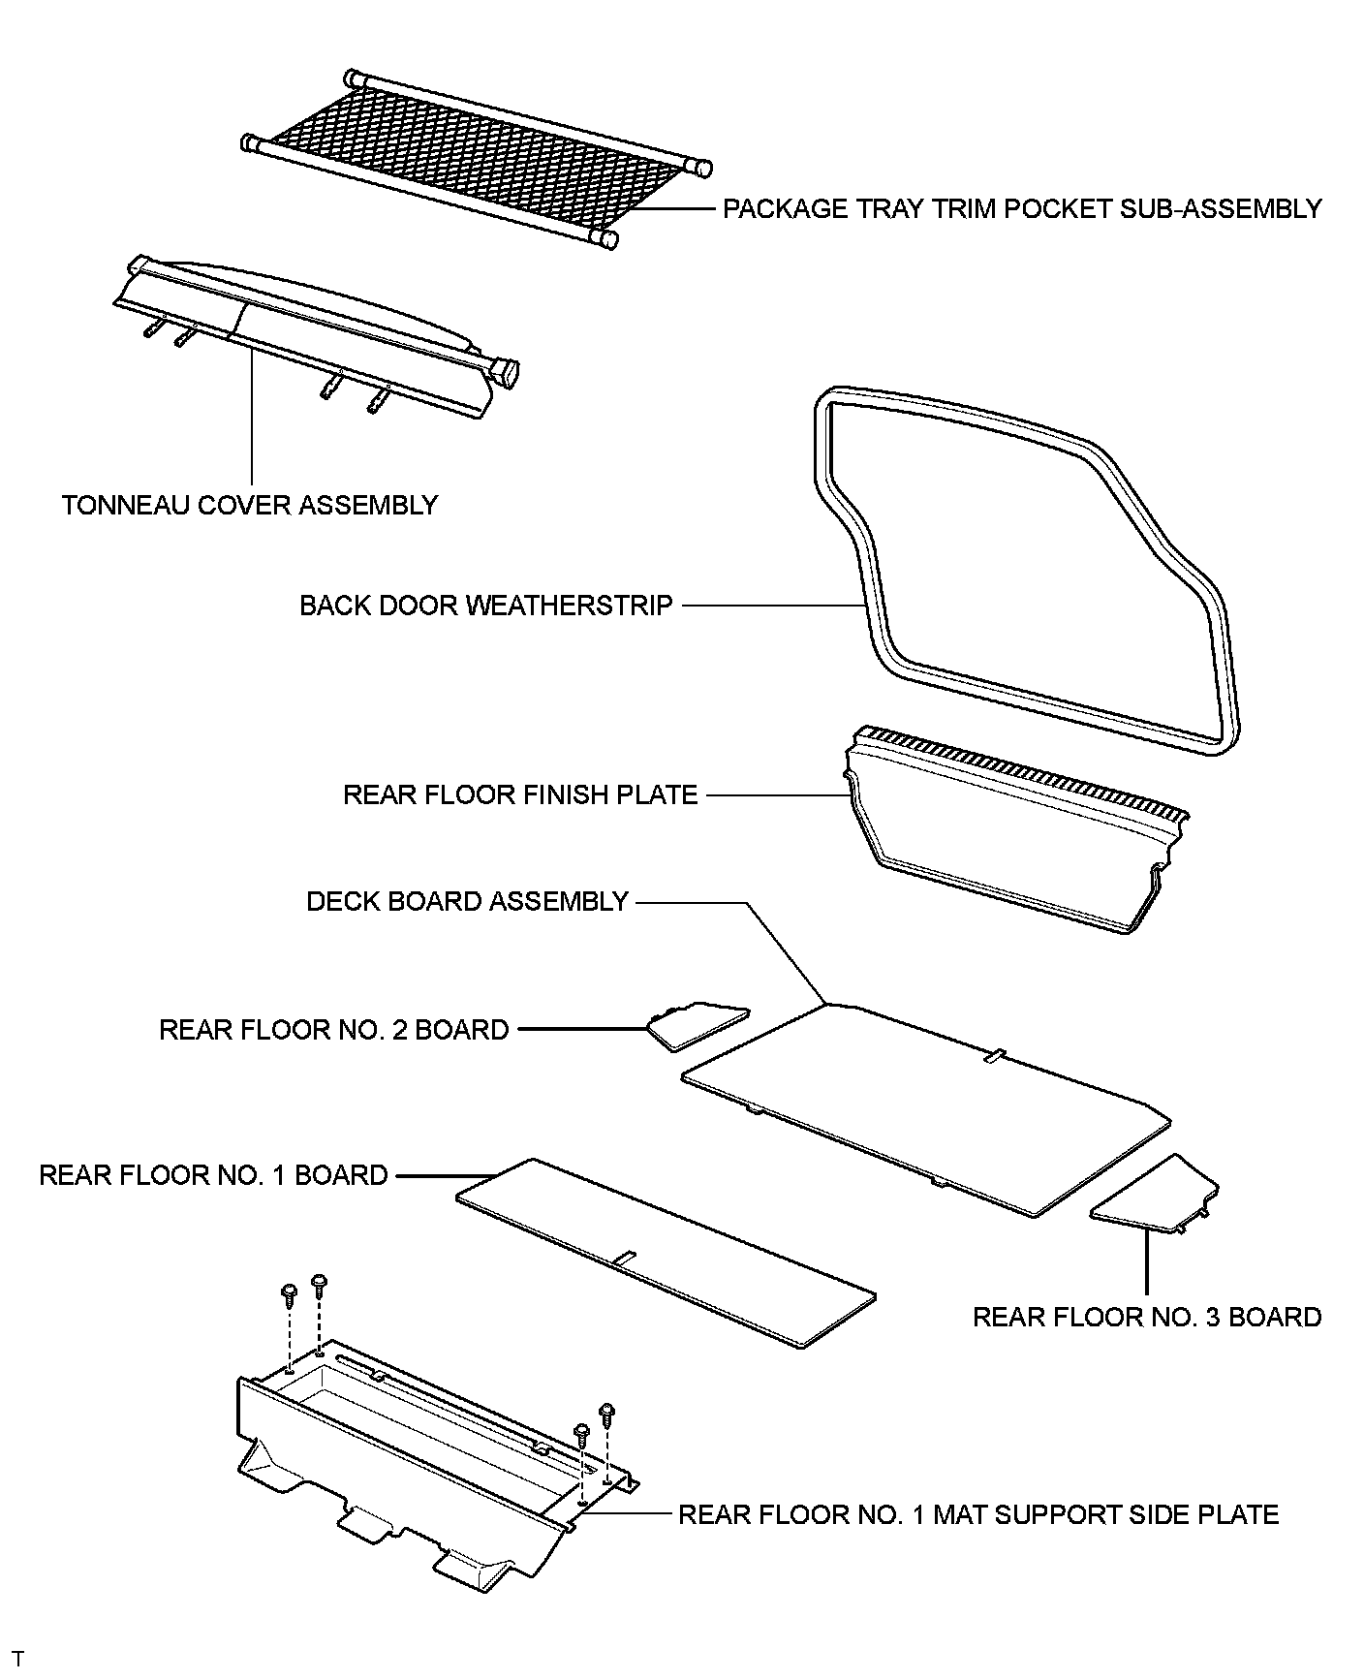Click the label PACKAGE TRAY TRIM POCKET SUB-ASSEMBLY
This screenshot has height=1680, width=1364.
(1022, 209)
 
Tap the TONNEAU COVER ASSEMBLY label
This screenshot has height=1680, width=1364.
(250, 505)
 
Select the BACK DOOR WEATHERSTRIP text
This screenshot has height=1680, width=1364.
(485, 606)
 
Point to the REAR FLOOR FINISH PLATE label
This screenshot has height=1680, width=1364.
(520, 795)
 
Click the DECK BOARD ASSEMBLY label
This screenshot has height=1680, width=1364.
(467, 901)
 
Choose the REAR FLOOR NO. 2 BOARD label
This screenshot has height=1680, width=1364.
(333, 1029)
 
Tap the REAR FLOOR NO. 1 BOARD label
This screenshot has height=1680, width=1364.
(213, 1175)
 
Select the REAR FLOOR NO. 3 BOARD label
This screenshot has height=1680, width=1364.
(1146, 1317)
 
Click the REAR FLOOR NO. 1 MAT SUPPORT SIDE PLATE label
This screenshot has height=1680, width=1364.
(977, 1514)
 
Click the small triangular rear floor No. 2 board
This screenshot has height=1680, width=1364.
(696, 1025)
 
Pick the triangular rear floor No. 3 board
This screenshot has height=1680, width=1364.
(1159, 1198)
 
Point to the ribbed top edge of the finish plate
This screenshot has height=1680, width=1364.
(1017, 770)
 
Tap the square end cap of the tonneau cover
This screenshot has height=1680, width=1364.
(506, 372)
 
